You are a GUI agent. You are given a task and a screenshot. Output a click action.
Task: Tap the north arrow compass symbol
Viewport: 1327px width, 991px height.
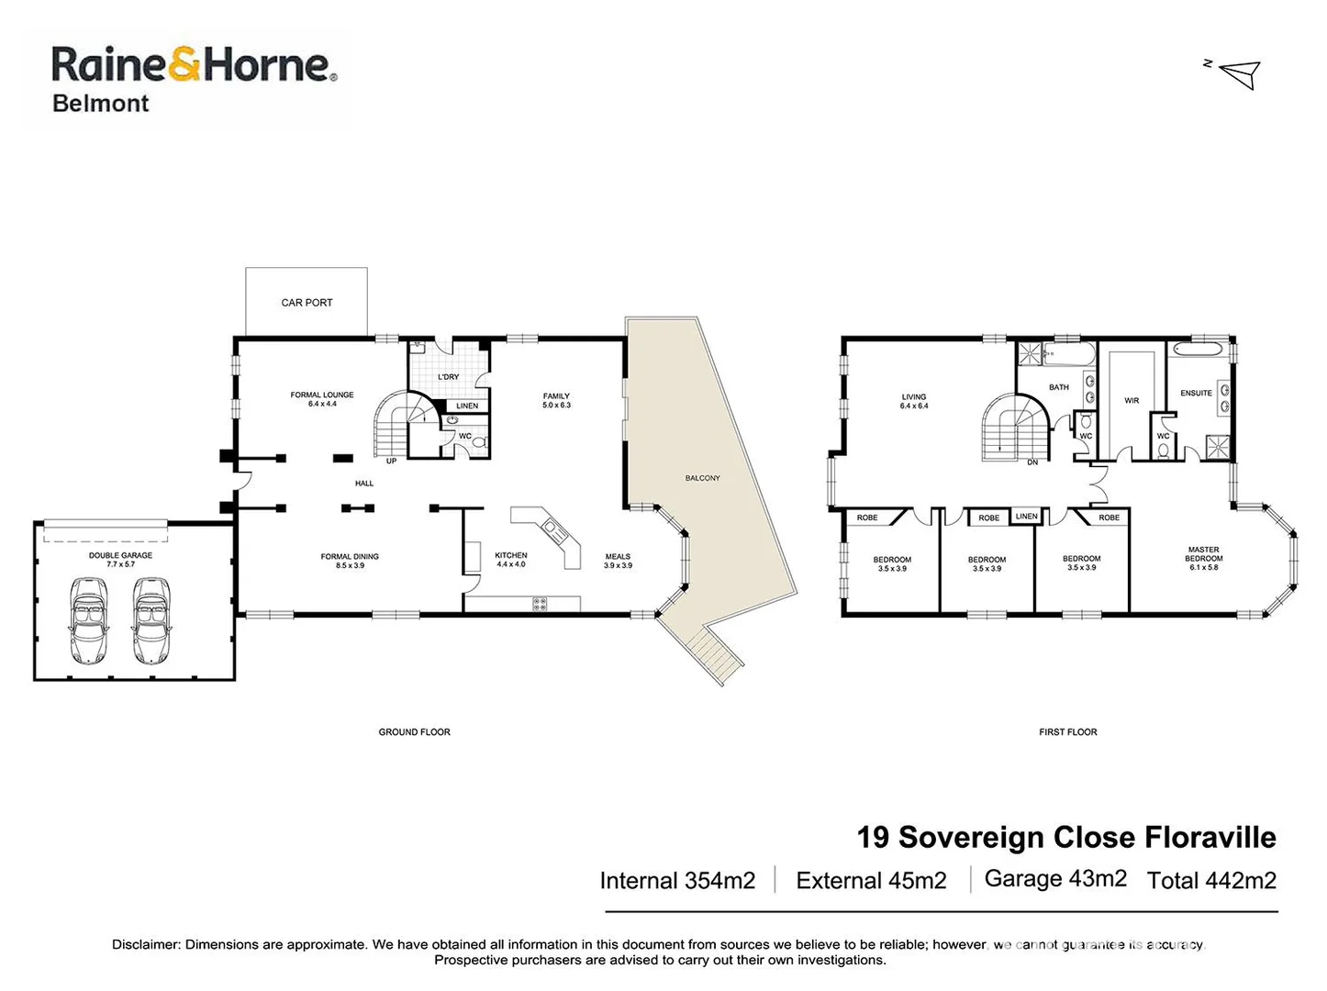(x=1240, y=73)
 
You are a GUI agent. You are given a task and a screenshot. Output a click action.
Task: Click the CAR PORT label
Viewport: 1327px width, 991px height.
(x=307, y=303)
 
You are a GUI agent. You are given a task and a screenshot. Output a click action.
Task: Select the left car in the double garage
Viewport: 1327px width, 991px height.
(x=88, y=621)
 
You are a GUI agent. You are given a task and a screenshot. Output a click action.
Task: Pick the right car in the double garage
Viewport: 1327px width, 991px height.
(x=151, y=621)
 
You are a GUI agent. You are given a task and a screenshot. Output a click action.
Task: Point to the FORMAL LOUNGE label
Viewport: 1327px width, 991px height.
(x=322, y=395)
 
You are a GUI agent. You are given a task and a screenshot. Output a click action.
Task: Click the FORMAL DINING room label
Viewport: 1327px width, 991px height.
(x=350, y=557)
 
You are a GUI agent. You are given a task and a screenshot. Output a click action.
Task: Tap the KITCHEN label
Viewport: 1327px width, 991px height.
(x=511, y=556)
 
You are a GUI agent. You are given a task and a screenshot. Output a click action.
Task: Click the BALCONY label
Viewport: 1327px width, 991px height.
(x=702, y=478)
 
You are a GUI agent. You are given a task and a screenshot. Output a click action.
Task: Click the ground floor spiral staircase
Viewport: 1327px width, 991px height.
(x=400, y=423)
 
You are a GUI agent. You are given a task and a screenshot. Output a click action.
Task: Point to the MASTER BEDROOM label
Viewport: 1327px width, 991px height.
(x=1203, y=554)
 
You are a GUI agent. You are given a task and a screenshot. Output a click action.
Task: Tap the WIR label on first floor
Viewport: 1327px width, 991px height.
(x=1132, y=401)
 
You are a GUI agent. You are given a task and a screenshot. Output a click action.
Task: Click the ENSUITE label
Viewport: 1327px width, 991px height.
(x=1196, y=394)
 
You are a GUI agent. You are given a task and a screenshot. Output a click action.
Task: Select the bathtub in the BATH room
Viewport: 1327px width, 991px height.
(x=1070, y=354)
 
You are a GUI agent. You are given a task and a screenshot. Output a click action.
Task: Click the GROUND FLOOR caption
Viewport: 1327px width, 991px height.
(x=415, y=732)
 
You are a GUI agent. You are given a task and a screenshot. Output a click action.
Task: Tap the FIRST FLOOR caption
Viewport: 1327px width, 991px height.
(x=1068, y=732)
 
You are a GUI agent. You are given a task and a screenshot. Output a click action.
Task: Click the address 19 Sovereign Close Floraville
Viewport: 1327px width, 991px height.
(x=1066, y=838)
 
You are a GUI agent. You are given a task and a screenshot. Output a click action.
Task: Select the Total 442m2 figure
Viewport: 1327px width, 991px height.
(x=1211, y=881)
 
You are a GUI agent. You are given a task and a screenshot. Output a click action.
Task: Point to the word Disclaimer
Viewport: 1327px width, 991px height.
(x=146, y=944)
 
